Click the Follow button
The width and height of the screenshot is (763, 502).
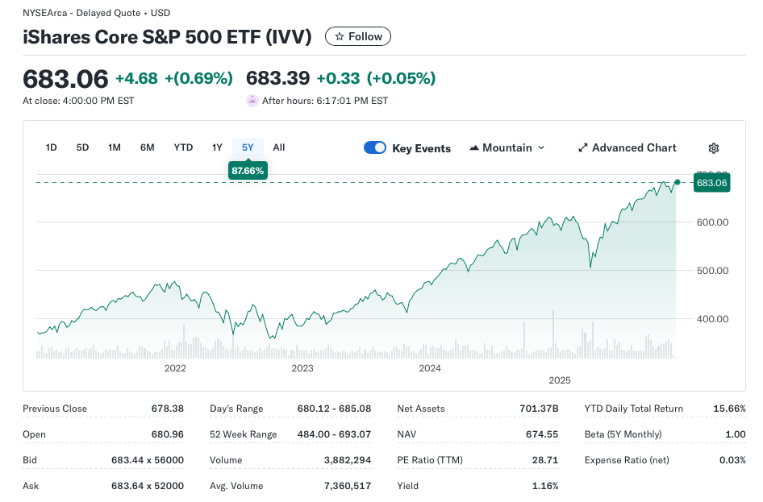coord(358,36)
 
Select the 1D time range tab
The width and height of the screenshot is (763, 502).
coord(52,147)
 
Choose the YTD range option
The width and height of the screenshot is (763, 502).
coord(183,147)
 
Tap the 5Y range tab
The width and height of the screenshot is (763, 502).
coord(248,147)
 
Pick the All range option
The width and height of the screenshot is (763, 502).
coord(279,147)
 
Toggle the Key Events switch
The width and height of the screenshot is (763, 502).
coord(375,147)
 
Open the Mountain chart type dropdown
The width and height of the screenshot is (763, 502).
coord(507,147)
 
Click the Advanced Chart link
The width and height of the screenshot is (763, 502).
coord(627,147)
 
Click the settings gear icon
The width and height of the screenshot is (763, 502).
coord(714,148)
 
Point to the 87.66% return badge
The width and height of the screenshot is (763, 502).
coord(248,171)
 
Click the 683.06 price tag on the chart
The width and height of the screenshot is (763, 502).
coord(712,183)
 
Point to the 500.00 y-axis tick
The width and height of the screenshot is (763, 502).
coord(712,271)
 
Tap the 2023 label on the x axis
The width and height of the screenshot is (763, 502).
coord(302,368)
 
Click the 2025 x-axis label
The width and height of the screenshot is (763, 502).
coord(560,380)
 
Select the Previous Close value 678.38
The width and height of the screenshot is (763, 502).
coord(168,409)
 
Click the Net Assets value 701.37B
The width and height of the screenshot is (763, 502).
coord(541,409)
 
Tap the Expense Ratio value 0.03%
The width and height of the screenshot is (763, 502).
coord(732,460)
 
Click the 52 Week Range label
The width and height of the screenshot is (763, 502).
coord(244,434)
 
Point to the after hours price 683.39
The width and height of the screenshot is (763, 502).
coord(277,78)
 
